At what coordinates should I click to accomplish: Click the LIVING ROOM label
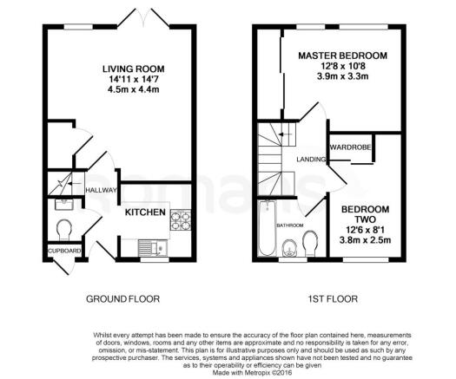[x=134, y=69]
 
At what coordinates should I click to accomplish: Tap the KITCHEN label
[x=145, y=212]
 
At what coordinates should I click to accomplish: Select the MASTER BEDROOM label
[x=343, y=56]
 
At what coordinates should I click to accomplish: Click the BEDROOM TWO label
[x=366, y=214]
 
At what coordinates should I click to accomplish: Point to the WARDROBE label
[x=350, y=147]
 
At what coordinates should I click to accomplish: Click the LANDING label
[x=311, y=160]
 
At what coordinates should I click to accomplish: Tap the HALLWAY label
[x=101, y=190]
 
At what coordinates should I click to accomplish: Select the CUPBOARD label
[x=64, y=251]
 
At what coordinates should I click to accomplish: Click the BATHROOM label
[x=289, y=225]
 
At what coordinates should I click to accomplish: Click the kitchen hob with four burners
[x=181, y=219]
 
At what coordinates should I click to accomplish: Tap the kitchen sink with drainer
[x=153, y=248]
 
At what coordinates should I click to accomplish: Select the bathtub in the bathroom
[x=268, y=228]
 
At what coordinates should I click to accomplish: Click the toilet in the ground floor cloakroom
[x=64, y=230]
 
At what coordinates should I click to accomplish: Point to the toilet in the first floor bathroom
[x=310, y=243]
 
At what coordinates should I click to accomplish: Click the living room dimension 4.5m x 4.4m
[x=134, y=89]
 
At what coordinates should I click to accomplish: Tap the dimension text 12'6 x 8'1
[x=366, y=231]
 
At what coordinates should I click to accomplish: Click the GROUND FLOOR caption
[x=123, y=299]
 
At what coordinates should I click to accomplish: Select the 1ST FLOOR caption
[x=333, y=299]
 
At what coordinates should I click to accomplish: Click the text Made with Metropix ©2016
[x=252, y=373]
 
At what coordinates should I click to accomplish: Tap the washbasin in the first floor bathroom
[x=289, y=249]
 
